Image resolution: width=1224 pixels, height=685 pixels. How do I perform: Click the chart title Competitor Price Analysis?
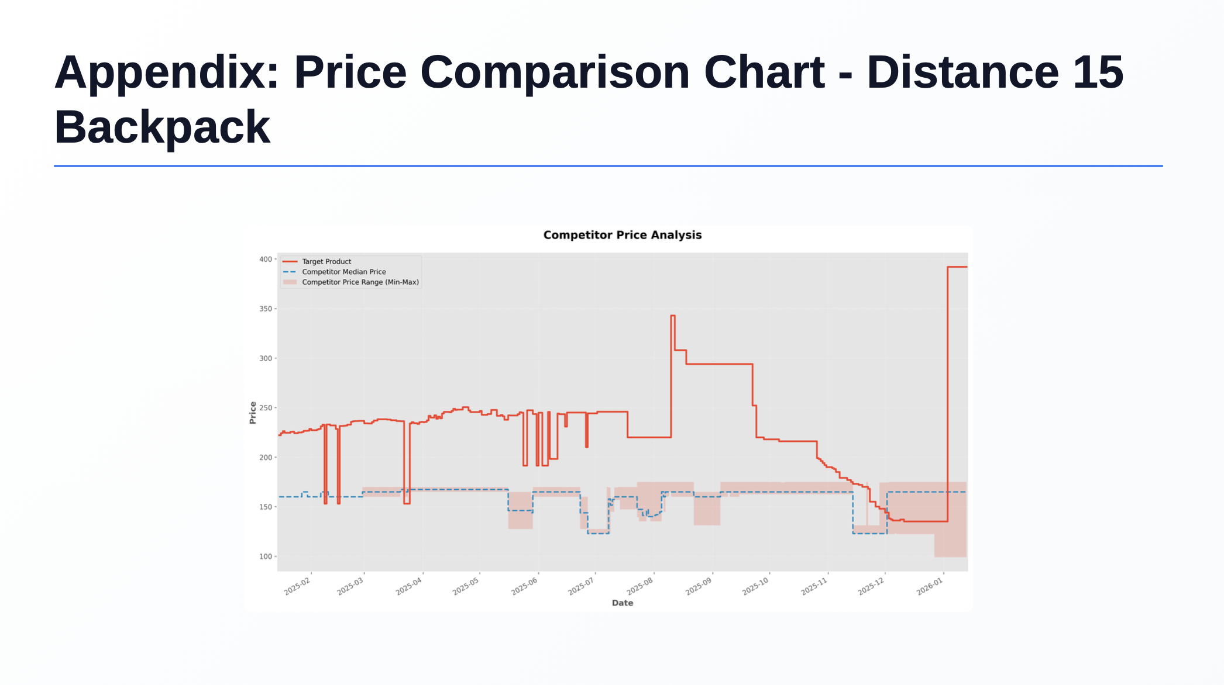click(x=622, y=235)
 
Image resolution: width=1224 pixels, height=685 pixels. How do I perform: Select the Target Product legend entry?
click(x=326, y=261)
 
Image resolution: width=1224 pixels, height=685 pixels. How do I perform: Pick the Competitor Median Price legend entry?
click(x=343, y=272)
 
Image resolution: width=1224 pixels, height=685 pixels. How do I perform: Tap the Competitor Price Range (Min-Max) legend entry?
click(x=360, y=282)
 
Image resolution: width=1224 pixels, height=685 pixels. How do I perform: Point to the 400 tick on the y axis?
click(x=266, y=259)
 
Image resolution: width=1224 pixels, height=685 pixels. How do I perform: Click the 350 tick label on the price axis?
click(x=266, y=309)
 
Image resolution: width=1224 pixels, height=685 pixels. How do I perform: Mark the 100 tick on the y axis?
click(x=266, y=556)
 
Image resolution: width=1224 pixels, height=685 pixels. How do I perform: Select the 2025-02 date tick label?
click(x=298, y=586)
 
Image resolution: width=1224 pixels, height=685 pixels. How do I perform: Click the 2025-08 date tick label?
click(x=640, y=586)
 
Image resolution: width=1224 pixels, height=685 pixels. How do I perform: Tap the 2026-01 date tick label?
click(x=930, y=586)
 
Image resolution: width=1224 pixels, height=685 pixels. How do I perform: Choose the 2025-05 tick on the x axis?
click(x=466, y=586)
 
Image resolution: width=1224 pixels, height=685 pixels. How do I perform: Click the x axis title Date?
click(x=623, y=603)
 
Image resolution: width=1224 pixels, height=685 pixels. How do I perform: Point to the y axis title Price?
click(x=253, y=413)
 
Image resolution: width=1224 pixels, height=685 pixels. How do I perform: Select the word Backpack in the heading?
click(x=162, y=127)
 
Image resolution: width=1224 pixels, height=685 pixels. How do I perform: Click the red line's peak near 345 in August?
click(x=673, y=316)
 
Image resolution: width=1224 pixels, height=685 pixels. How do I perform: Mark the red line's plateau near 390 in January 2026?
click(x=957, y=267)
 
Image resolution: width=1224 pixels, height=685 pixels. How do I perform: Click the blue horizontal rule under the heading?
click(x=608, y=166)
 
